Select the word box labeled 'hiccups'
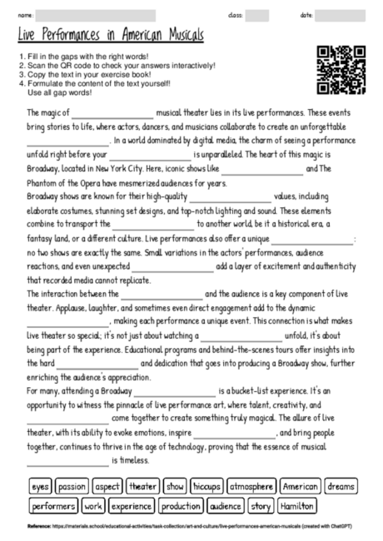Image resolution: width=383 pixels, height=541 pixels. coord(207,486)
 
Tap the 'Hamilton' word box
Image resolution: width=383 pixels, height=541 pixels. coord(296,505)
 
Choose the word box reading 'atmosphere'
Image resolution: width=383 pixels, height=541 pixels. coord(251,486)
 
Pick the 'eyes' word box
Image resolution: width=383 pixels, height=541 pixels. coord(40,486)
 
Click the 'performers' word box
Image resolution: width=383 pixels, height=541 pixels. coord(53,505)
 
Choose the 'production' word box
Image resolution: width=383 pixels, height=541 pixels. coord(181,505)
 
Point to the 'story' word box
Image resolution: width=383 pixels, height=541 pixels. coord(261,505)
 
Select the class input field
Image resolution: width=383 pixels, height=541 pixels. coord(257,15)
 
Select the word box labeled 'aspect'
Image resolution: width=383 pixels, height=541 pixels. coord(107,486)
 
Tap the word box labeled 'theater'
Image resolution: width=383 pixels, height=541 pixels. coord(143,486)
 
